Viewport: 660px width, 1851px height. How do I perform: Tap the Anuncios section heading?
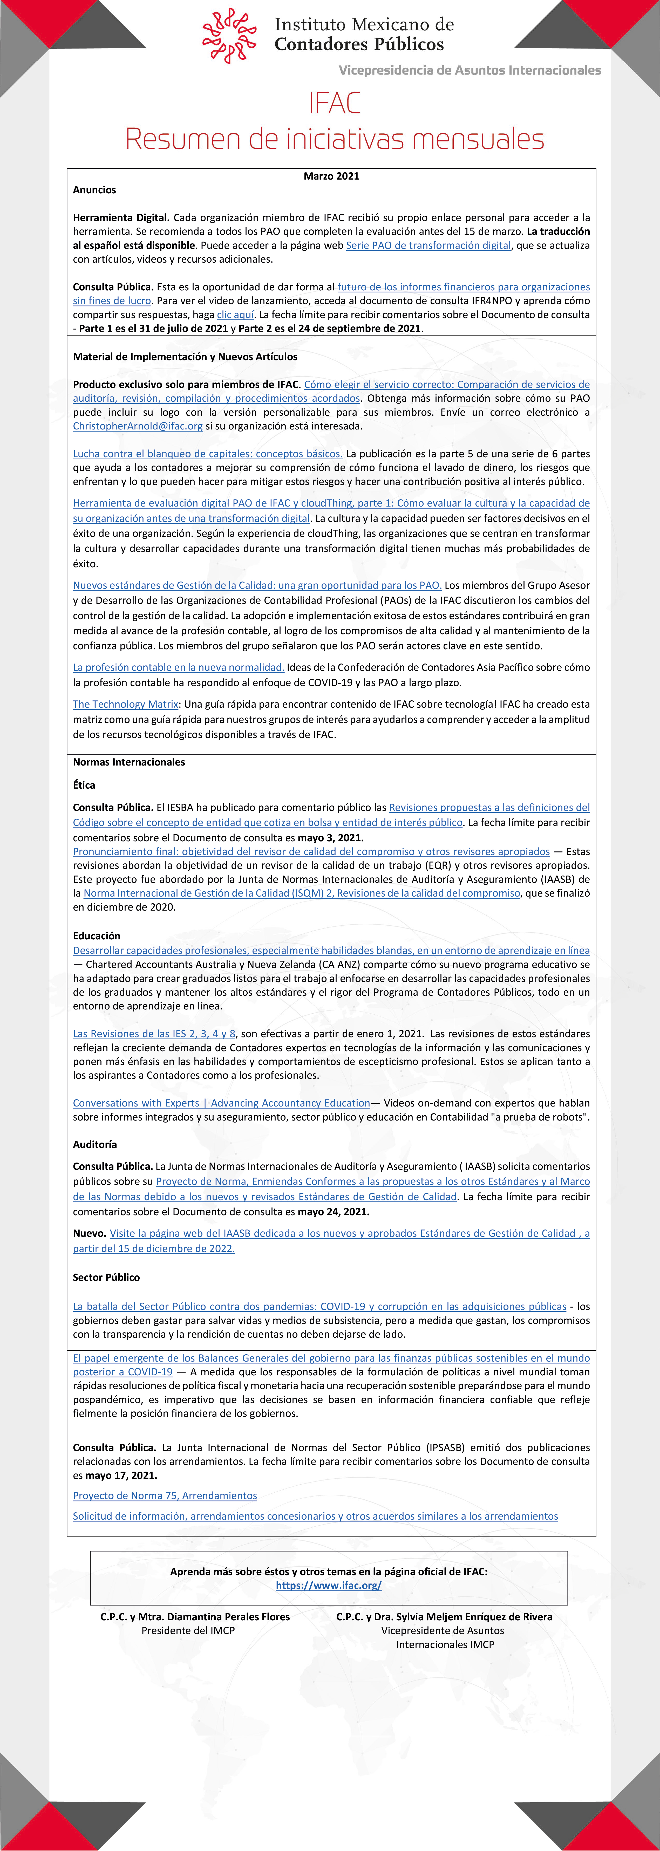pyautogui.click(x=94, y=190)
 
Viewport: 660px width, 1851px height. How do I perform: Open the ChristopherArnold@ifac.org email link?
pyautogui.click(x=137, y=426)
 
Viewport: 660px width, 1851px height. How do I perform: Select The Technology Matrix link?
pyautogui.click(x=125, y=704)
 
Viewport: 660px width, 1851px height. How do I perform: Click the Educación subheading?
pyautogui.click(x=96, y=935)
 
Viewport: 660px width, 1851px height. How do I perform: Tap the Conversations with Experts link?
pyautogui.click(x=221, y=1103)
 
